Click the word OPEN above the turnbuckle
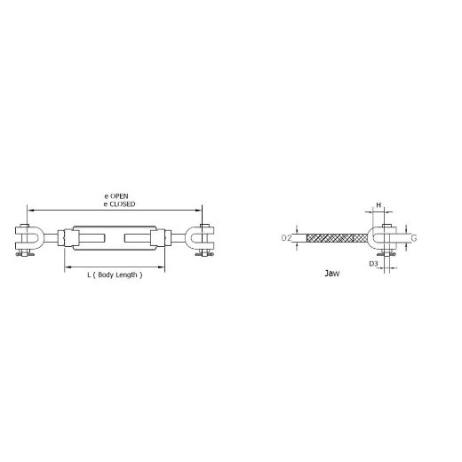point(119,196)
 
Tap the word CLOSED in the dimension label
point(122,204)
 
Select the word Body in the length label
point(106,275)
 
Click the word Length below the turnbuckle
point(126,275)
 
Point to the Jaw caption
point(332,273)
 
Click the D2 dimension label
point(286,238)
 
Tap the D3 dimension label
point(373,263)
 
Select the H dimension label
point(378,205)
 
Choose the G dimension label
point(414,238)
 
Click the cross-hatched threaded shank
point(337,238)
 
